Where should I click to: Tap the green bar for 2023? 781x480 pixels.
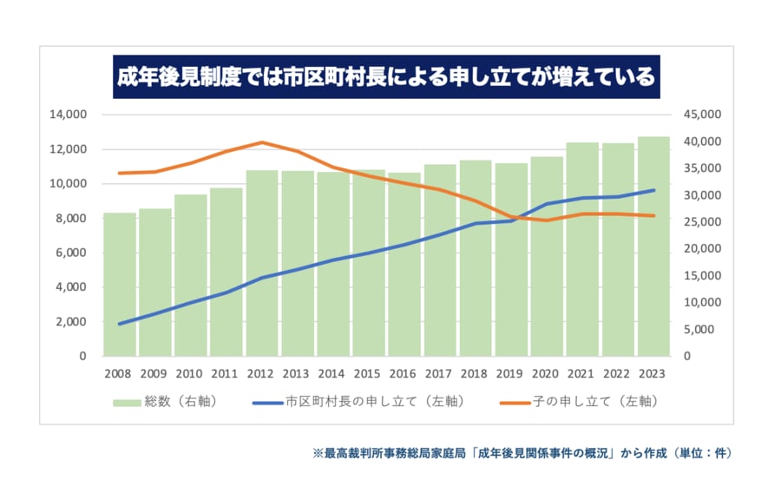coord(653,247)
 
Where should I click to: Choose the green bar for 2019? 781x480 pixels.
coord(511,260)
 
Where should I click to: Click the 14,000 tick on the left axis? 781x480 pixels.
coord(69,115)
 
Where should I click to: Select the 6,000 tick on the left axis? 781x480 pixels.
coord(72,253)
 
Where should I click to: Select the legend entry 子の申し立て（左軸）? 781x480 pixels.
coord(578,402)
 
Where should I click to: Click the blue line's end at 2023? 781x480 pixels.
coord(653,190)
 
